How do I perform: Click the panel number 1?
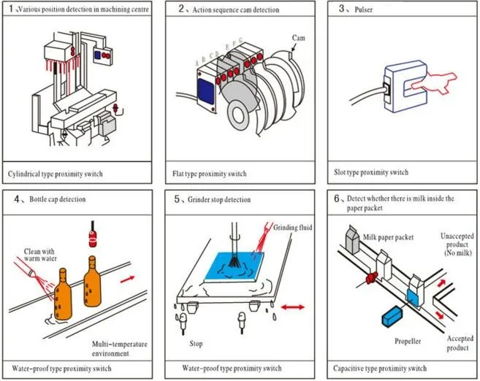pos(9,9)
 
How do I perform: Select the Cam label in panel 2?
pos(298,37)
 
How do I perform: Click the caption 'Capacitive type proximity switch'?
pos(380,368)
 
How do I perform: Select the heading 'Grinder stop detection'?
pos(220,199)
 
